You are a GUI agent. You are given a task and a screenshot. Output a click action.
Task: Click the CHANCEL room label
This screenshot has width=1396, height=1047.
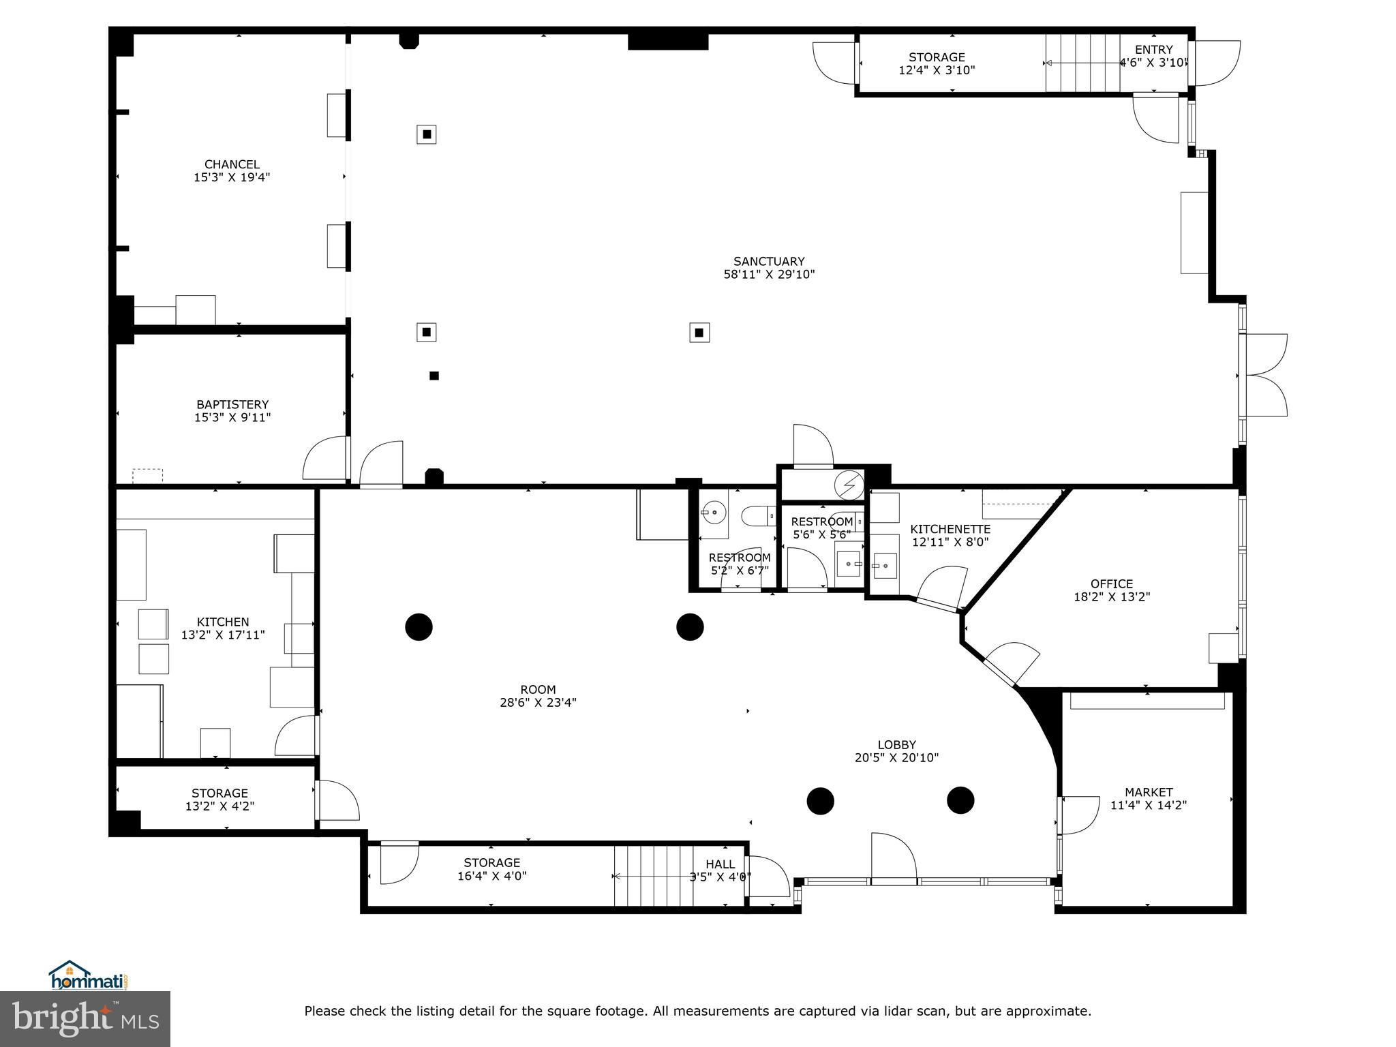(232, 164)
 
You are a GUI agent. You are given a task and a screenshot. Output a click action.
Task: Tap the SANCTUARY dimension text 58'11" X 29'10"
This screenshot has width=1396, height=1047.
(769, 275)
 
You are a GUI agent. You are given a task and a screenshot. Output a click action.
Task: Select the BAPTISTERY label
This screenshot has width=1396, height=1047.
(232, 404)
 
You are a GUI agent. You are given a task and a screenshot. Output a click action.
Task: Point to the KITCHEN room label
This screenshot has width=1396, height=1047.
(223, 622)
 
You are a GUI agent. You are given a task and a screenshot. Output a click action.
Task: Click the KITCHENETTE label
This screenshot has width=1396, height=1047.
(950, 529)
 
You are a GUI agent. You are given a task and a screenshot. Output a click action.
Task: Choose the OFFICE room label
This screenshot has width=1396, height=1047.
(1112, 583)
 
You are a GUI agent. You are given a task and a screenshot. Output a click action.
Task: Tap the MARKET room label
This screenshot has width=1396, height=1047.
(1149, 792)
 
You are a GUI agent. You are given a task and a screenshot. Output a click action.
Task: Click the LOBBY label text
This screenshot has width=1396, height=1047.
(896, 745)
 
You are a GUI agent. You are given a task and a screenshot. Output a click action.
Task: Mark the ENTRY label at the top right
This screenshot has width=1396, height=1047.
(1153, 50)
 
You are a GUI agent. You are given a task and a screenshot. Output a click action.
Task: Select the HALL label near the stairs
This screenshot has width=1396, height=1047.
(720, 864)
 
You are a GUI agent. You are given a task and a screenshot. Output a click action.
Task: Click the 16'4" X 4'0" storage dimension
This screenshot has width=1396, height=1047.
(492, 876)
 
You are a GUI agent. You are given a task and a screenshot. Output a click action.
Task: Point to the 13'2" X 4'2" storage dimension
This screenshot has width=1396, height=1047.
(219, 806)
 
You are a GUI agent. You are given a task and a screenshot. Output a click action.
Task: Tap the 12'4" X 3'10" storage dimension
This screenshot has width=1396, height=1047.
(937, 70)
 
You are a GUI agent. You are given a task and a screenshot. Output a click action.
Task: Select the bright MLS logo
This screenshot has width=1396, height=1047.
(85, 1019)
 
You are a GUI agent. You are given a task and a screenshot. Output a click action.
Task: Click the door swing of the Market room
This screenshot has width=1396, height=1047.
(1081, 815)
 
